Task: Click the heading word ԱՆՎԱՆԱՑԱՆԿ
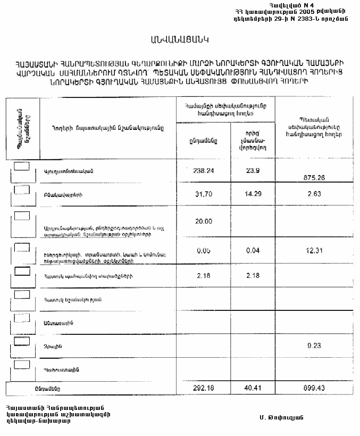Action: pos(180,39)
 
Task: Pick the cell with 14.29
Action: pos(253,194)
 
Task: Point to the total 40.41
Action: pos(253,389)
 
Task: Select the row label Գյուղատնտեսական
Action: pos(69,171)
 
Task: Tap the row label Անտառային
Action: pos(55,323)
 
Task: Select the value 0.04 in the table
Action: pos(253,251)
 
